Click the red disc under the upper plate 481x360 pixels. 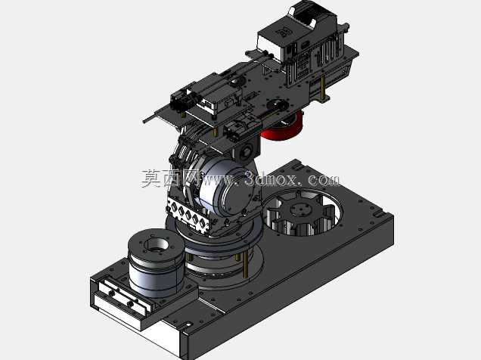[284, 129]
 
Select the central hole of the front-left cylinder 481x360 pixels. [157, 245]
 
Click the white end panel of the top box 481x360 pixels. [269, 45]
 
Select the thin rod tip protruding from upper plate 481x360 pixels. [144, 121]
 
